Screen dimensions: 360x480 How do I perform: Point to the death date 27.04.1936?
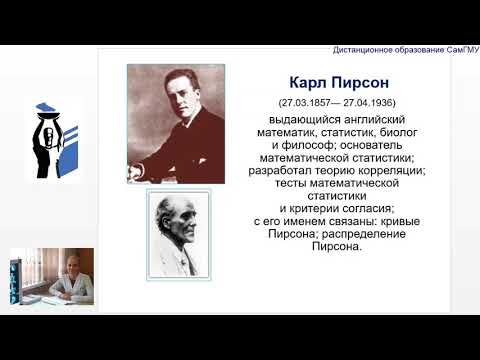click(364, 102)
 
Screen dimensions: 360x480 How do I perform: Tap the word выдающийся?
click(293, 118)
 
